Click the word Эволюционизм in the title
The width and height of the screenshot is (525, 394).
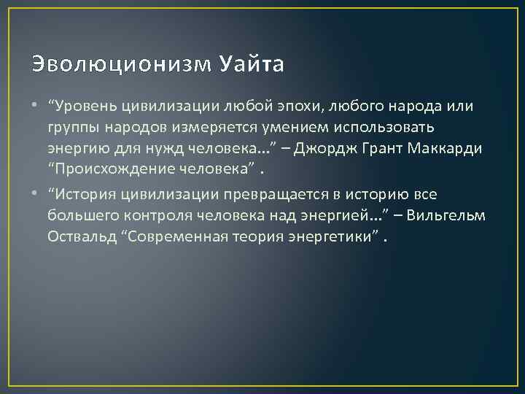[120, 65]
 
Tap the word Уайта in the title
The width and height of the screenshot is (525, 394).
[251, 65]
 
